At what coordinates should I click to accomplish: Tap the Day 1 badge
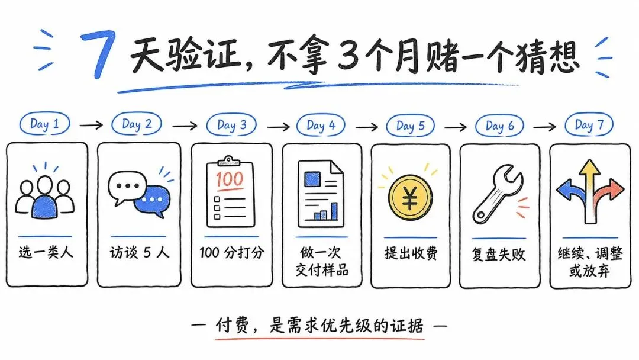pos(45,124)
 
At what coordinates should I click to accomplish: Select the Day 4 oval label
pos(321,125)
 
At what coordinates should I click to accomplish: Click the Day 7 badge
pos(589,125)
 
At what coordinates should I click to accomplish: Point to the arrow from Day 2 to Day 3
pos(185,126)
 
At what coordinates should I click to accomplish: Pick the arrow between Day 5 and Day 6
pos(455,127)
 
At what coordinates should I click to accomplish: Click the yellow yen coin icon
pos(410,198)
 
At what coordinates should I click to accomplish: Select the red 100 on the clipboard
pos(230,179)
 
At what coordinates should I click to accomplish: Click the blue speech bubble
pos(152,201)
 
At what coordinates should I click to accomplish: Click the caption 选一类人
pos(46,252)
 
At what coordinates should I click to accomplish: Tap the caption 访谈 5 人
pos(139,252)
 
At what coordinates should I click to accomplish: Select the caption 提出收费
pos(411,253)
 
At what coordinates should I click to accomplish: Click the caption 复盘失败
pos(498,255)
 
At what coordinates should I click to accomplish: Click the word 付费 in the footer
pos(232,325)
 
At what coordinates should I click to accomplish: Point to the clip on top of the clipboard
pos(228,160)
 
